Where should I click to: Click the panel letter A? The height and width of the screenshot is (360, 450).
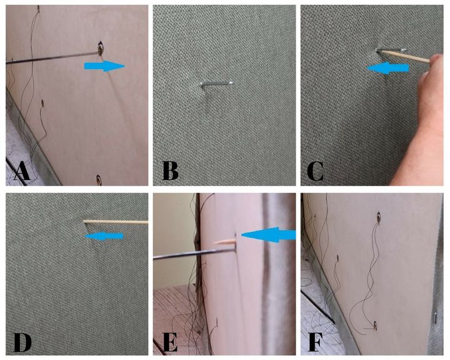coord(21,171)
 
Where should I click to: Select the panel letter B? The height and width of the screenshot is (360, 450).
coord(170,171)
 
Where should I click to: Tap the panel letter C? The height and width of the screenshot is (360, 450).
coord(315,171)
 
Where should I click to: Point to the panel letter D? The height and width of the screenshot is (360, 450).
coord(22,342)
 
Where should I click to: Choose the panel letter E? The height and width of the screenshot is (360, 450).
coord(169,342)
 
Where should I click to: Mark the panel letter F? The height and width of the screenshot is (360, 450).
coord(314,342)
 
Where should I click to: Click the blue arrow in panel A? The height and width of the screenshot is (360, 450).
coord(105,66)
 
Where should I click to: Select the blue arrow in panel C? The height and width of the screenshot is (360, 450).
coord(387,68)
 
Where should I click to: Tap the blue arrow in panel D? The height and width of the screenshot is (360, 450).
coord(104,236)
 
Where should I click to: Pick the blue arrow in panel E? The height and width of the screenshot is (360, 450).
coord(268,234)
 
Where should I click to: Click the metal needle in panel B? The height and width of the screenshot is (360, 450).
coord(217,83)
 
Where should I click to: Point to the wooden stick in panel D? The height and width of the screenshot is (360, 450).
coord(116,222)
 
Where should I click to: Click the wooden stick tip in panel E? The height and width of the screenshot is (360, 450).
coord(215,243)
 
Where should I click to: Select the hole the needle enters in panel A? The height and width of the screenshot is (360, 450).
coord(101,49)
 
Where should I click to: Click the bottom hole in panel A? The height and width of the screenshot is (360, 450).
coord(99,180)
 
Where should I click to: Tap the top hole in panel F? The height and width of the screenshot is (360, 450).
coord(379,217)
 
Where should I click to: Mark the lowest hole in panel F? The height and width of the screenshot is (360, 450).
coord(375,325)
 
